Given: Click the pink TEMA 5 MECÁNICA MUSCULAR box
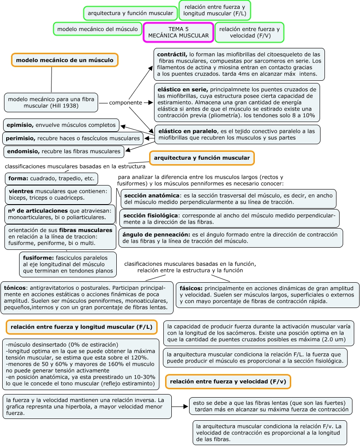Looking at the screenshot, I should tap(178, 32).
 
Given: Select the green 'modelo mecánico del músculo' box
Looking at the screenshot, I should tap(98, 29).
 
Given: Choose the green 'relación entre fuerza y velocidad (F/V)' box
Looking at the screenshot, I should tap(249, 32).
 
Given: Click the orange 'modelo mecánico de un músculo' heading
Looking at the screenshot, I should tap(64, 60).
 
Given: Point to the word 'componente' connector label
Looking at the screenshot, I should tap(126, 103).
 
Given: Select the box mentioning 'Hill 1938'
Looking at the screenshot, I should tap(51, 103).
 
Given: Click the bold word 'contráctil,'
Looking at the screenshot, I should tap(173, 54).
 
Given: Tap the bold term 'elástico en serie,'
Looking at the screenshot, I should tap(182, 89).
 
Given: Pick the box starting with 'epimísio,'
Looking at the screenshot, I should tap(61, 125).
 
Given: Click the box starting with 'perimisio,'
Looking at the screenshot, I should tap(73, 138).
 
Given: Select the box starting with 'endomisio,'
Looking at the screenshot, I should tap(63, 152).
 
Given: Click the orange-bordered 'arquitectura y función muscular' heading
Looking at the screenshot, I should tap(202, 158).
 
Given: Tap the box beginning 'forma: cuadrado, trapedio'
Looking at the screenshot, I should tap(51, 178).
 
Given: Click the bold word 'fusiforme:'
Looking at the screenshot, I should tap(38, 257).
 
